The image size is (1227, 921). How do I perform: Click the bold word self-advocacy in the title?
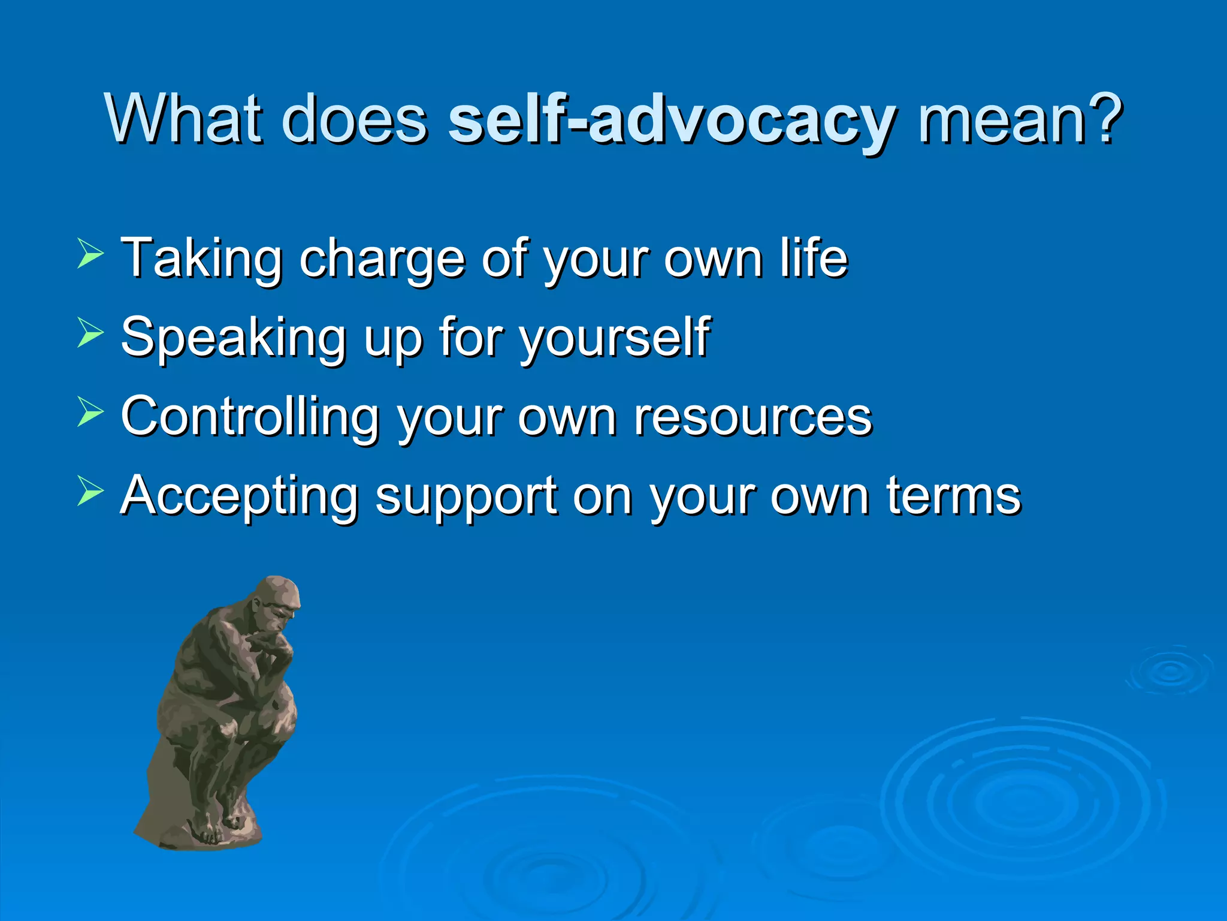[x=671, y=120]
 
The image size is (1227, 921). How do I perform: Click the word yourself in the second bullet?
[x=615, y=339]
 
